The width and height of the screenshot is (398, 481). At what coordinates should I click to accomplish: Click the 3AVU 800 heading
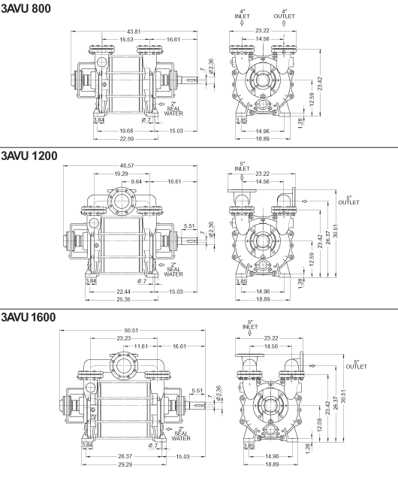(x=26, y=8)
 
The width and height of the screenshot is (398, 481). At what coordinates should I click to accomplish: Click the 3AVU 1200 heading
(x=29, y=156)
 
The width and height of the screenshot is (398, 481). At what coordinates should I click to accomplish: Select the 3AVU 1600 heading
(x=29, y=317)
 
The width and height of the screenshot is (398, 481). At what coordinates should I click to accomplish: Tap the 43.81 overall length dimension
(x=134, y=32)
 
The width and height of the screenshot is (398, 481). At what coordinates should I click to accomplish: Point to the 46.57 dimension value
(x=127, y=165)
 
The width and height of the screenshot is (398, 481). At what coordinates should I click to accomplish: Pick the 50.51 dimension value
(x=131, y=331)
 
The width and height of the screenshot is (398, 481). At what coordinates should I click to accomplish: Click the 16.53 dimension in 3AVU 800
(x=127, y=39)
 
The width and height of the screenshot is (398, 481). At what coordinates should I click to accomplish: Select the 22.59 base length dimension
(x=127, y=138)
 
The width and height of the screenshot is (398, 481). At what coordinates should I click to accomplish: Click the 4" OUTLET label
(x=285, y=14)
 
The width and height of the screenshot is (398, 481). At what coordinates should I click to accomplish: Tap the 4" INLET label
(x=243, y=14)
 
